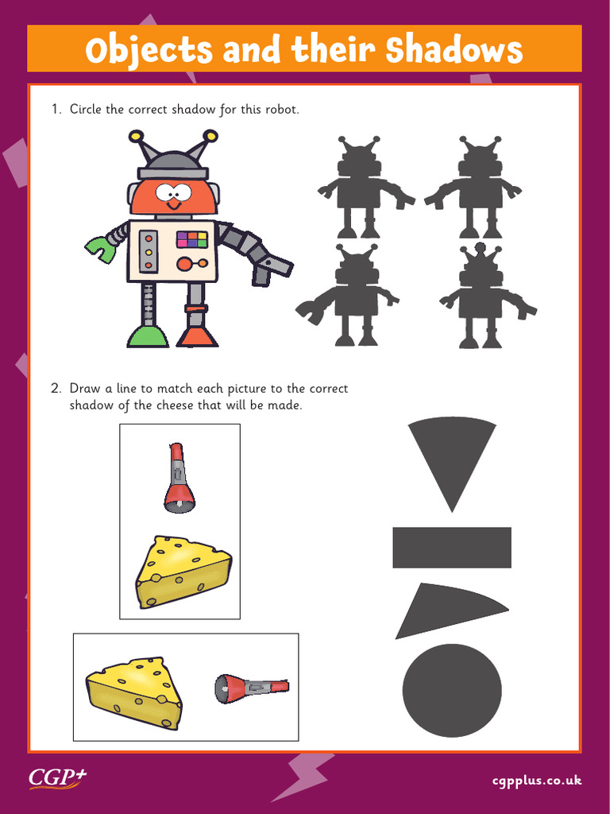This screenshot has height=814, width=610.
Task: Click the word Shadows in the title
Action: [454, 49]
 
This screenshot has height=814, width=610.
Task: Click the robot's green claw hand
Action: [100, 247]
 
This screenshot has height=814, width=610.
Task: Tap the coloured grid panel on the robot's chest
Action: [191, 239]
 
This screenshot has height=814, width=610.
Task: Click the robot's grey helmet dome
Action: [173, 162]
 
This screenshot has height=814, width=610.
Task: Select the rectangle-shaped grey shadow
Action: [452, 547]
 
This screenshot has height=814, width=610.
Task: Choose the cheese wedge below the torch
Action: [183, 571]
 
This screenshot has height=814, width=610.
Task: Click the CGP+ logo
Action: [57, 777]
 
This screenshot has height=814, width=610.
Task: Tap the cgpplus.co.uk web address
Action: [536, 780]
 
